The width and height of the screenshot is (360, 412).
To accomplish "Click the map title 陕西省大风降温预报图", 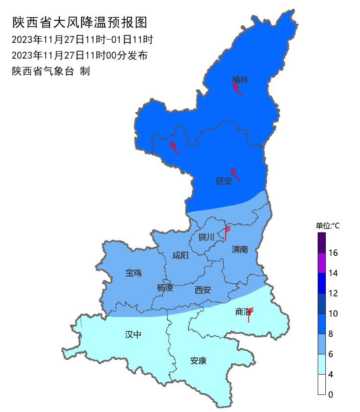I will [x=80, y=22].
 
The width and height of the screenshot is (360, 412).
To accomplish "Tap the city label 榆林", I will [x=240, y=80].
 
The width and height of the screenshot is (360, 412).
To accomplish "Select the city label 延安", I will [x=224, y=181].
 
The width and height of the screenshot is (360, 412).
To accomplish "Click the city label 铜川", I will [x=206, y=237].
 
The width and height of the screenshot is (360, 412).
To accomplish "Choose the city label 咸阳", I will [x=180, y=256].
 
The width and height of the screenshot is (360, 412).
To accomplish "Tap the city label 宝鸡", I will [x=133, y=272].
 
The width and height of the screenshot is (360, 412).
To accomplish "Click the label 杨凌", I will [x=165, y=288].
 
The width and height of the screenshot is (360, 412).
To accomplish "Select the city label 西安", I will [x=202, y=290].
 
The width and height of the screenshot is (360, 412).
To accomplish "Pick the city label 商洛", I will [x=242, y=312].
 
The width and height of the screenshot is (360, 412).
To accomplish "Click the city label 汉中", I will [x=133, y=335].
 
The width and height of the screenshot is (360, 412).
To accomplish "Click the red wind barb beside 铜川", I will [x=226, y=233].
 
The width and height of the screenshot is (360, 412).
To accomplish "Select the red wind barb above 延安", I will [x=235, y=174].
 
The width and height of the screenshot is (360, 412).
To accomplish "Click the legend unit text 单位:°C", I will [x=328, y=226].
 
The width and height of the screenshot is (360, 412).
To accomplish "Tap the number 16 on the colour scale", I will [x=333, y=253].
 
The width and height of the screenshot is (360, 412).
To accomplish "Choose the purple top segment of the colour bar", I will [x=321, y=243].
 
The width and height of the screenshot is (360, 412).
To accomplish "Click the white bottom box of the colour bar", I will [x=321, y=385].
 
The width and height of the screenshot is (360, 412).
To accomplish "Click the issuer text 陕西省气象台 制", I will [x=51, y=71].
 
